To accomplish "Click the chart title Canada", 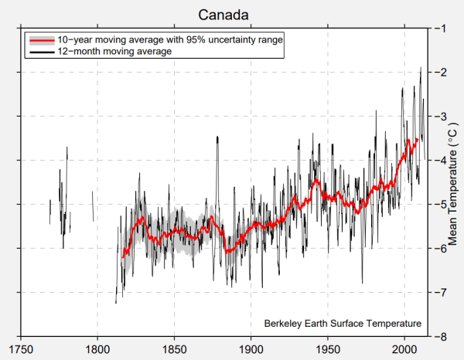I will tap(223, 15).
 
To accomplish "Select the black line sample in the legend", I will tap(40, 51).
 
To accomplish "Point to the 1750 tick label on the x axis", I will tap(21, 348).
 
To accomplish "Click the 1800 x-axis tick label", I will tap(97, 348).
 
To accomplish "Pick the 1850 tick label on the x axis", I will tap(175, 348).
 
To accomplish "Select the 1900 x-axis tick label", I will tap(251, 348).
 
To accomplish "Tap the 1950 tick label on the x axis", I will tap(328, 348).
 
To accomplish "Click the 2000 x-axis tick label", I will tap(404, 348).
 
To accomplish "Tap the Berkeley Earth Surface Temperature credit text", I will tap(342, 323).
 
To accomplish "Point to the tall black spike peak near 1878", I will tap(218, 137).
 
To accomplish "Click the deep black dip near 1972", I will tap(362, 283).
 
